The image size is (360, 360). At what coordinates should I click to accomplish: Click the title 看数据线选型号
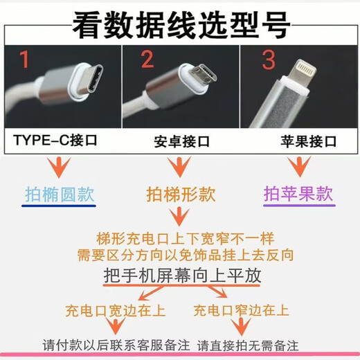(181, 27)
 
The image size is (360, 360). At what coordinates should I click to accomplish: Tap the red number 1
(25, 62)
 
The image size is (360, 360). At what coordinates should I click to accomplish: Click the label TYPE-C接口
(55, 141)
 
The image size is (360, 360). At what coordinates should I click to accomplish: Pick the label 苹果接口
(300, 142)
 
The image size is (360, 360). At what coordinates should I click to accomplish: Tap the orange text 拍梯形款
(181, 194)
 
